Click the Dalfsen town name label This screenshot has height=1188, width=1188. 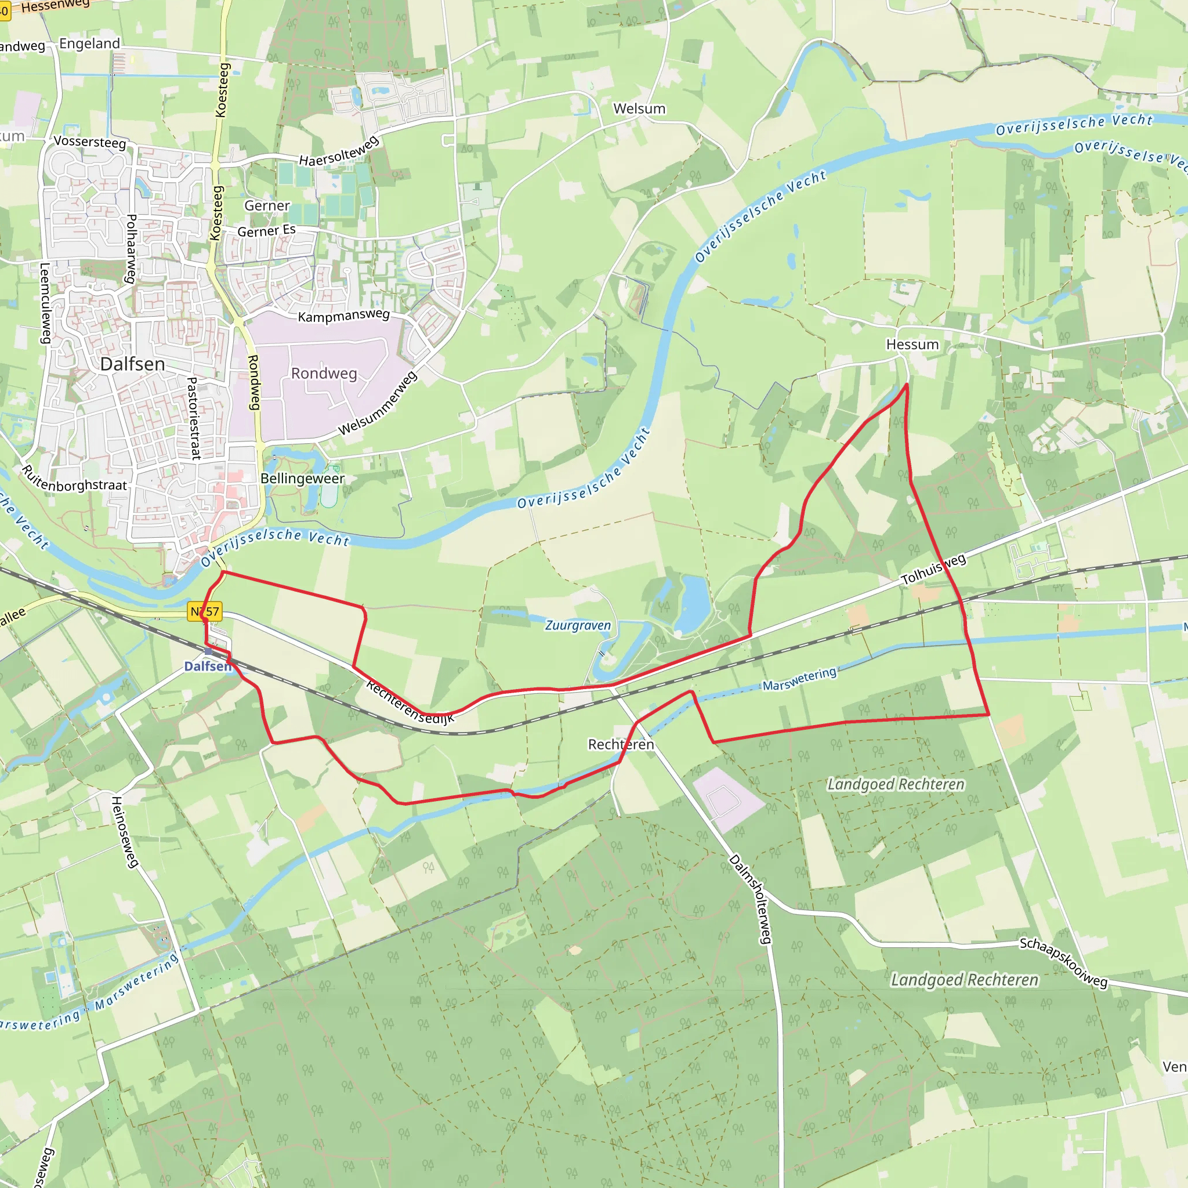pos(132,364)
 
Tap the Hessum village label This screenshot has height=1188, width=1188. pos(912,345)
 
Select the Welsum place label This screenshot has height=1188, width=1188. pos(639,109)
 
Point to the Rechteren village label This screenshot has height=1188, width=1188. pos(621,745)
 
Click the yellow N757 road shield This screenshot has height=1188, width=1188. pos(205,611)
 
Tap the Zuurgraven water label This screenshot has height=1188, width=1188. pos(577,625)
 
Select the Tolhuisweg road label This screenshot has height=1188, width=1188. pos(933,570)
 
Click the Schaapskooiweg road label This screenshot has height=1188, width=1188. pos(1063,962)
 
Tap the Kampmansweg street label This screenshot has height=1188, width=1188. pos(344,316)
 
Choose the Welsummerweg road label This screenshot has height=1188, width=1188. pos(378,403)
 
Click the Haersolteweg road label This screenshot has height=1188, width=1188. pos(339,151)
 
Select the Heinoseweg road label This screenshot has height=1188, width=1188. pos(124,832)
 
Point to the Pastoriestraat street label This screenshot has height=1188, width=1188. pos(194,418)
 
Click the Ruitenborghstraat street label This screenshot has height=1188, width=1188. pos(74,480)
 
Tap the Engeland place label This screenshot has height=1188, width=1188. pos(90,44)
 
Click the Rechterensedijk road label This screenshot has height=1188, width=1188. pos(410,702)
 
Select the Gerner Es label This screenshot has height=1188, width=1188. pos(266,231)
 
